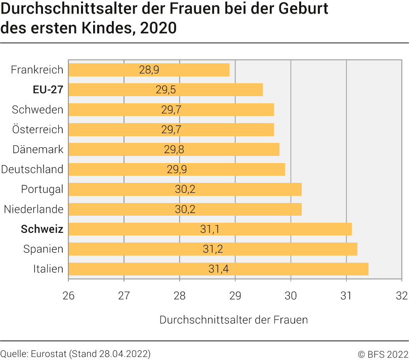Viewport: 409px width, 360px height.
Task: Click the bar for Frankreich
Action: point(149,70)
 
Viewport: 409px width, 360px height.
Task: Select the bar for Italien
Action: point(218,269)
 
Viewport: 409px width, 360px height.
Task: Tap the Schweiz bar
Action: point(210,229)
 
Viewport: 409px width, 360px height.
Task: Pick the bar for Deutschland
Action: point(177,169)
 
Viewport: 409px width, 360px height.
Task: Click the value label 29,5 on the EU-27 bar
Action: point(166,90)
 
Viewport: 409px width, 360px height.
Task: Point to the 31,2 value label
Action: point(213,249)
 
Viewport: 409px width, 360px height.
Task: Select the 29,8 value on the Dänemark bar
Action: point(173,149)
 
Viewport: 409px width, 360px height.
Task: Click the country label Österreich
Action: point(38,130)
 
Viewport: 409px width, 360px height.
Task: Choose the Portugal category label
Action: point(42,189)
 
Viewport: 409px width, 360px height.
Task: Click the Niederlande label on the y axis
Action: point(33,209)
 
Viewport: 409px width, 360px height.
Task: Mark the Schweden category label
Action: point(37,110)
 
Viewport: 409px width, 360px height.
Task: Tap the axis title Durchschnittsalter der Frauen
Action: point(233,320)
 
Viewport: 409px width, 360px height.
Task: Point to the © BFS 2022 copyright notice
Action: point(383,353)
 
